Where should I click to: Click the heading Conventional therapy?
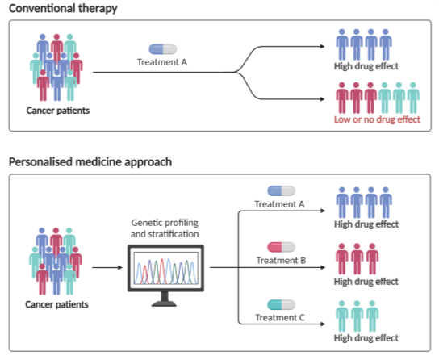[63, 9]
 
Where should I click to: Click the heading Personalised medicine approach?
[90, 162]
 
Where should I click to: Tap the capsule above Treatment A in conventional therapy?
[163, 49]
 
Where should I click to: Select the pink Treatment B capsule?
[281, 247]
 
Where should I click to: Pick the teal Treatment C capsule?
[281, 304]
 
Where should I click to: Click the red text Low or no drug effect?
[377, 119]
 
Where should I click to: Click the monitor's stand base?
[165, 303]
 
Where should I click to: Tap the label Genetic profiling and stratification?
[165, 228]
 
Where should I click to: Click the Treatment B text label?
[281, 261]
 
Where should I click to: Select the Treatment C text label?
[280, 318]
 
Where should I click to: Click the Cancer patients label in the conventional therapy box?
[58, 111]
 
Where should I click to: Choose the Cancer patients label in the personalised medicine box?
[56, 304]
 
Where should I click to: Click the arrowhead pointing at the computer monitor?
[120, 268]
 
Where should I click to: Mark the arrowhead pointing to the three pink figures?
[323, 268]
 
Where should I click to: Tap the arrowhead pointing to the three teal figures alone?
[323, 324]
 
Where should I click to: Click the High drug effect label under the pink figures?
[366, 282]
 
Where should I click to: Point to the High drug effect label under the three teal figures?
[366, 338]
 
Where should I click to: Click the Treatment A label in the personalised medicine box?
[279, 204]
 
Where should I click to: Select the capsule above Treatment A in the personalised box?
[281, 191]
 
